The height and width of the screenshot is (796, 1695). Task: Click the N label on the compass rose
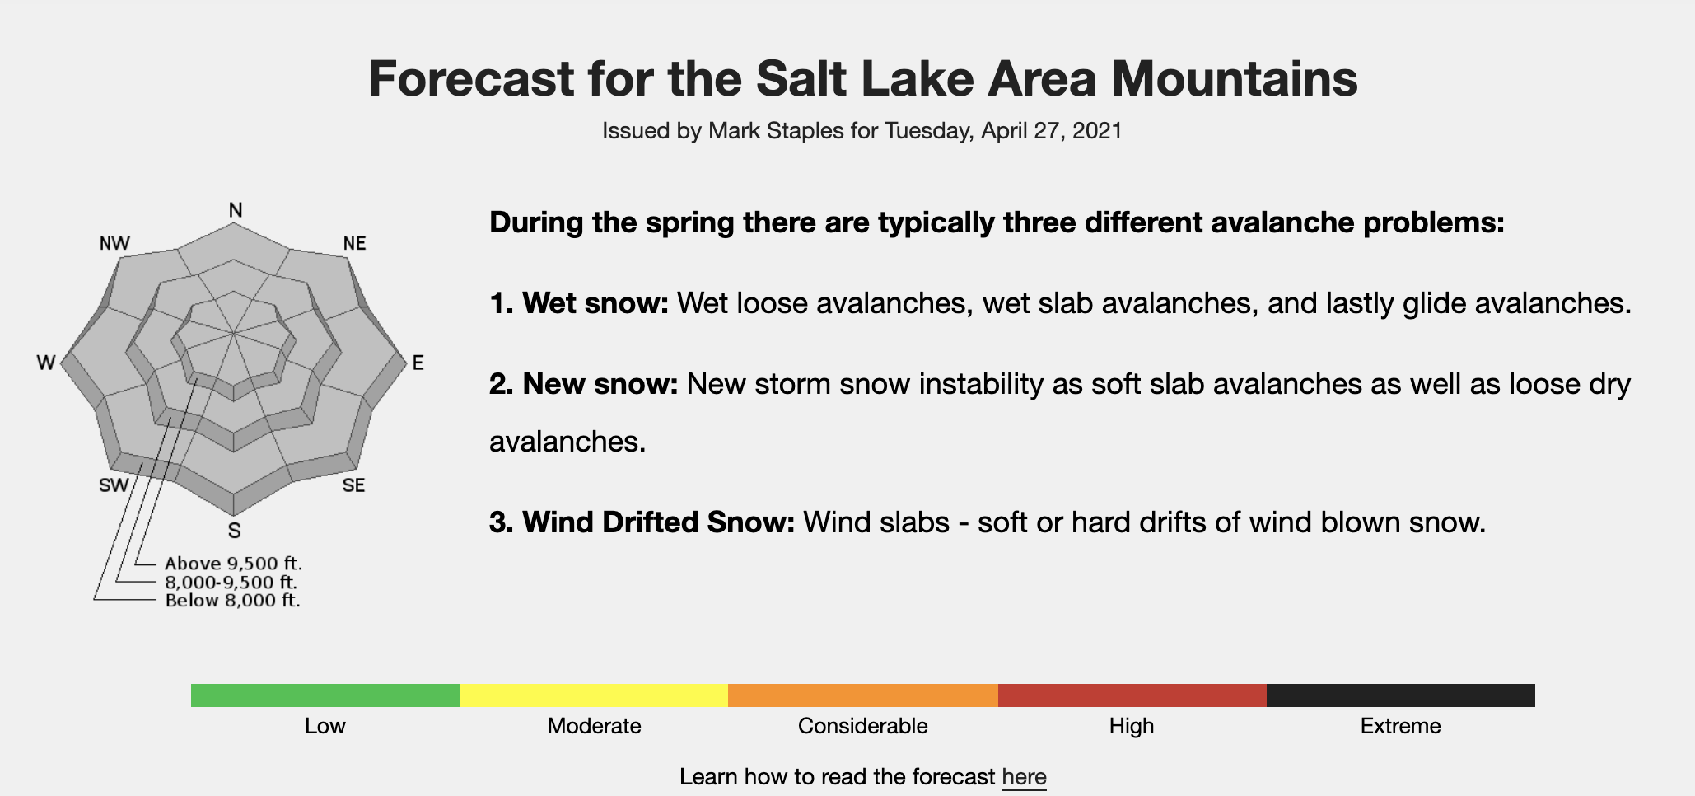[236, 210]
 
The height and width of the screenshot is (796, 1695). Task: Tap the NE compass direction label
[354, 243]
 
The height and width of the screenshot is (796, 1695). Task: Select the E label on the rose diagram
[418, 363]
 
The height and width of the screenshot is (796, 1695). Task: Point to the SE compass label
[353, 485]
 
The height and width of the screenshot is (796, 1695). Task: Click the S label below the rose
[235, 531]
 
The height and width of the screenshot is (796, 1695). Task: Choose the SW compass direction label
[114, 485]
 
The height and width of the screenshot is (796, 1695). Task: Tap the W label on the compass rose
[46, 363]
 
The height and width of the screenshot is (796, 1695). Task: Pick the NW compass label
[114, 243]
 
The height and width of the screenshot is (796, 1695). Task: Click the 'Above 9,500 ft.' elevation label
[234, 564]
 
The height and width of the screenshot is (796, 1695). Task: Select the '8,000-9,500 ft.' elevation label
[231, 582]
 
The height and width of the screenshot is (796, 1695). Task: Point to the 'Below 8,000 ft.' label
[232, 600]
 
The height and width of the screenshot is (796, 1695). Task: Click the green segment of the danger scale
[325, 695]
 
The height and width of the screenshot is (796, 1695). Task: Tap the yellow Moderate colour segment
[594, 695]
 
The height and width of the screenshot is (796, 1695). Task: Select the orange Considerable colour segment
[863, 695]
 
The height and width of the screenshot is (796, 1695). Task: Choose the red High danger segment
[1132, 695]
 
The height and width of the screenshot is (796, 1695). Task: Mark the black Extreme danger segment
[1401, 695]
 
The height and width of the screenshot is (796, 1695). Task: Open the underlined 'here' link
[1024, 777]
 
